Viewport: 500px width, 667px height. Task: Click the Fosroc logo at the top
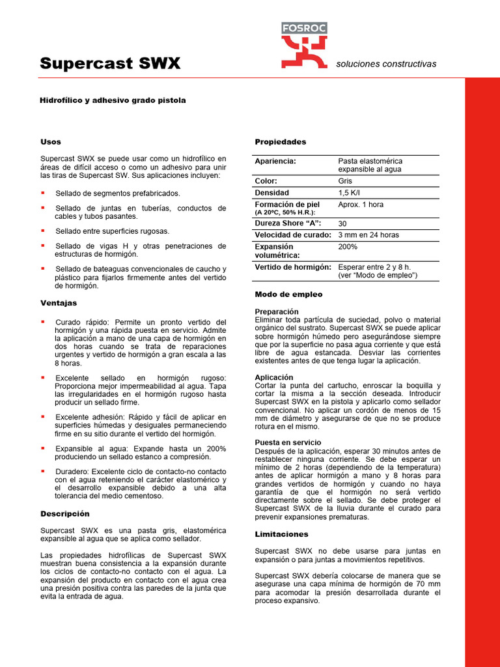[x=304, y=45]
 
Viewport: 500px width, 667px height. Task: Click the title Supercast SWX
[x=110, y=63]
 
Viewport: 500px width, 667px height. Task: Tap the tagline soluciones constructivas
[x=385, y=64]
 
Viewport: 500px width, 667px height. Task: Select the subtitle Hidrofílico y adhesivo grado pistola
[x=113, y=100]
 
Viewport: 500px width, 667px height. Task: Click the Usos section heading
[x=51, y=141]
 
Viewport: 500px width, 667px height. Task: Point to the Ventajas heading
[x=59, y=303]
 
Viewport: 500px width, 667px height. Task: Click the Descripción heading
[x=64, y=513]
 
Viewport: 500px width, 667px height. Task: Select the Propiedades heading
[x=280, y=141]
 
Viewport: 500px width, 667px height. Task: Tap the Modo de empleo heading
[x=288, y=294]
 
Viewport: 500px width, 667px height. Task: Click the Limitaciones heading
[x=281, y=534]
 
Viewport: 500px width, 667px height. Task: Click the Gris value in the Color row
[x=345, y=181]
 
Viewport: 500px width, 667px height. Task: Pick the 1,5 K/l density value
[x=348, y=193]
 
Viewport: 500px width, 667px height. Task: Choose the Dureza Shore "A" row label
[x=288, y=223]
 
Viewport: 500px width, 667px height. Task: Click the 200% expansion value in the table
[x=348, y=247]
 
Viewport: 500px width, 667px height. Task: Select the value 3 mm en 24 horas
[x=368, y=234]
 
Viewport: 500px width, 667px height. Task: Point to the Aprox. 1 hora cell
[x=361, y=205]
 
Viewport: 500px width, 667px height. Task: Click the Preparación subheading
[x=277, y=312]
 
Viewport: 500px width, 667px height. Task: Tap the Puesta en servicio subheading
[x=287, y=442]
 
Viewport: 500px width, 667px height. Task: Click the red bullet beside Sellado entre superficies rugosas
[x=43, y=231]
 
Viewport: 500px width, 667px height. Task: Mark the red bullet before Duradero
[x=43, y=470]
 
